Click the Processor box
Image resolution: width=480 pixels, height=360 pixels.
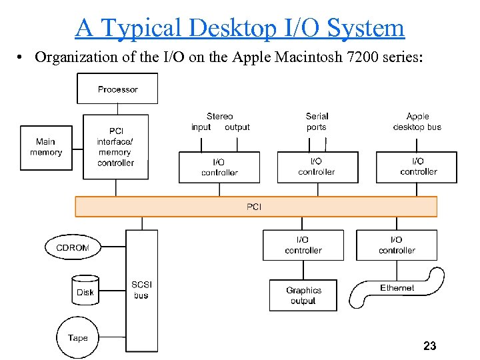pyautogui.click(x=117, y=89)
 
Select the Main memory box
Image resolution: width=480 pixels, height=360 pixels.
pyautogui.click(x=46, y=147)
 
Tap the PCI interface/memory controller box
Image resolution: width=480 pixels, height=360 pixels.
pyautogui.click(x=116, y=147)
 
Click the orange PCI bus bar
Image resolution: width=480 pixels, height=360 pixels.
pyautogui.click(x=256, y=207)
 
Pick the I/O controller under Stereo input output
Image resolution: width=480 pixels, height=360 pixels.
pyautogui.click(x=219, y=167)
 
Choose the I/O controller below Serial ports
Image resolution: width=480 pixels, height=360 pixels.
pyautogui.click(x=317, y=167)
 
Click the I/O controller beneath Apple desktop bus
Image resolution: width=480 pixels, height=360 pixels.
pyautogui.click(x=417, y=167)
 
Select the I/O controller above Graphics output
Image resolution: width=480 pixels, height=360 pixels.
pyautogui.click(x=303, y=245)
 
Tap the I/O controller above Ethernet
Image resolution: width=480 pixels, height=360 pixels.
pyautogui.click(x=397, y=245)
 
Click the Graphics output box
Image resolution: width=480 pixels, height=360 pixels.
pyautogui.click(x=303, y=295)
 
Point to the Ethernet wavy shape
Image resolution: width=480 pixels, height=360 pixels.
pyautogui.click(x=397, y=289)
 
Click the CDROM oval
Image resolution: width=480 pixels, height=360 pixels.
pyautogui.click(x=73, y=247)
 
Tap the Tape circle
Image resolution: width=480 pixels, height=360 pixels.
pyautogui.click(x=78, y=338)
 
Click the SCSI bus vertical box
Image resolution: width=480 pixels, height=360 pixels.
pyautogui.click(x=141, y=291)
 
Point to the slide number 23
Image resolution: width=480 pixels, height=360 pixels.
pyautogui.click(x=429, y=345)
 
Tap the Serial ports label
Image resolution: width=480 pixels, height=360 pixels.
pyautogui.click(x=317, y=121)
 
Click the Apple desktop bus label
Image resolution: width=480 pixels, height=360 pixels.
pyautogui.click(x=417, y=121)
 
